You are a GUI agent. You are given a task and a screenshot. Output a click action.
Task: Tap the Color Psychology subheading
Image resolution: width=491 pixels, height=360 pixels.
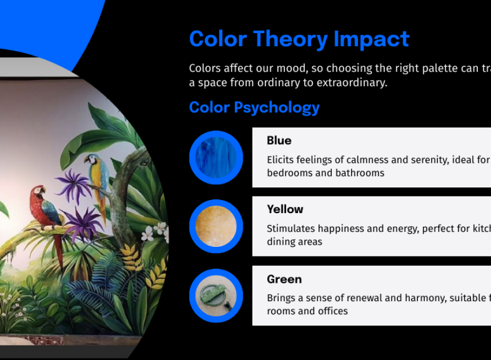pyautogui.click(x=254, y=107)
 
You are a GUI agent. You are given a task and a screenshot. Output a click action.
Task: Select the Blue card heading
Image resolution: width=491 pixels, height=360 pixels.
pyautogui.click(x=279, y=141)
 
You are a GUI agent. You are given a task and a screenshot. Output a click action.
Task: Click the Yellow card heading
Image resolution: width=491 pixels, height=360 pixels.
pyautogui.click(x=285, y=209)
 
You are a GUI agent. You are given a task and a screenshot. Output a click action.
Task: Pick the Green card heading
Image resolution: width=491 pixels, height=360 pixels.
pyautogui.click(x=284, y=279)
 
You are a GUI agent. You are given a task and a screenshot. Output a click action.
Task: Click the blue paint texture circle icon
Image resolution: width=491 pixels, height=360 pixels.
pyautogui.click(x=216, y=157)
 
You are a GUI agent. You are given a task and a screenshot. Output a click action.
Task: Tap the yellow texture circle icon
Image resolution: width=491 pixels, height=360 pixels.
pyautogui.click(x=216, y=226)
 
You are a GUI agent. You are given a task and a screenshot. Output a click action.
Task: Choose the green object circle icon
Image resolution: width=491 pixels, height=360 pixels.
pyautogui.click(x=216, y=295)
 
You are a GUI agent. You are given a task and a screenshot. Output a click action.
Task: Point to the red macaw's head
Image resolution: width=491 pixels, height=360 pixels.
pyautogui.click(x=38, y=190)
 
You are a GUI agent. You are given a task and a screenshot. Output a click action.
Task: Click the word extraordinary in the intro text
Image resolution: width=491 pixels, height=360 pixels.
pyautogui.click(x=352, y=83)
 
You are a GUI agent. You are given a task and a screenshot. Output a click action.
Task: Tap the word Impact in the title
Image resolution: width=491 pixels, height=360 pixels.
pyautogui.click(x=371, y=39)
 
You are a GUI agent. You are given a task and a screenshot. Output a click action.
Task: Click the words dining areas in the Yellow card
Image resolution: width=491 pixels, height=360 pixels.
pyautogui.click(x=295, y=242)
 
